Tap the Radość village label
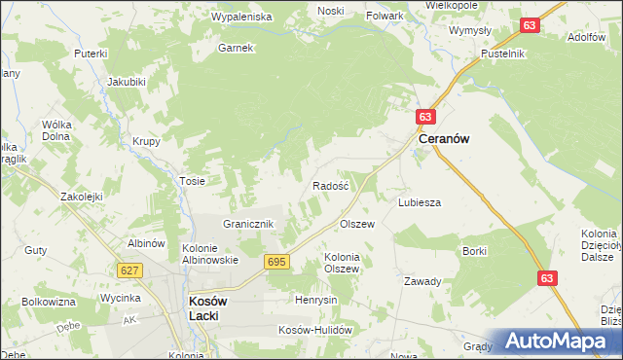click(x=331, y=185)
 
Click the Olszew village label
click(x=356, y=224)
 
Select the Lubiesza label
click(x=420, y=202)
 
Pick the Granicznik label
click(x=251, y=224)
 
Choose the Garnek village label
click(x=236, y=48)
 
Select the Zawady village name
click(x=422, y=281)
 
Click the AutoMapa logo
click(x=555, y=341)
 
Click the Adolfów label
click(x=585, y=37)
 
